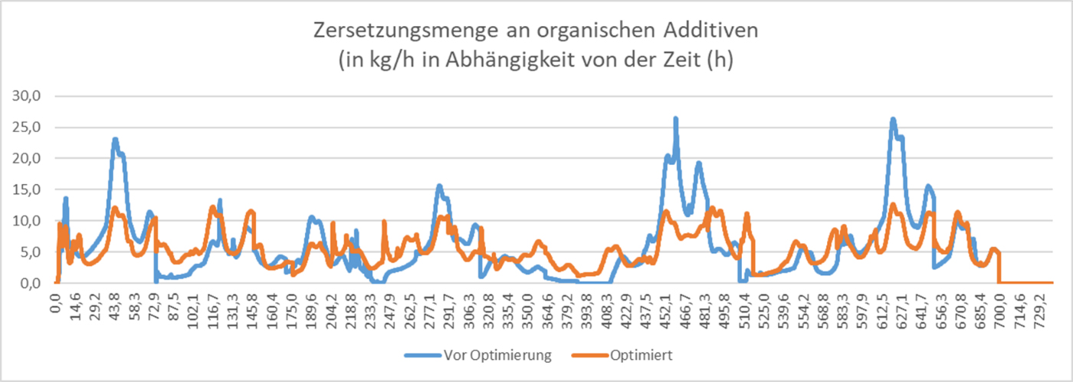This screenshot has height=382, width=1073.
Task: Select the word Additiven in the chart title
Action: pyautogui.click(x=708, y=31)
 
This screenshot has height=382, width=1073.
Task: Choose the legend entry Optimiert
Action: pyautogui.click(x=642, y=355)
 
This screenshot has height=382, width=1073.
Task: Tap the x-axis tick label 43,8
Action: pyautogui.click(x=115, y=304)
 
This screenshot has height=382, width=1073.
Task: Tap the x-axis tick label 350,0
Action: pyautogui.click(x=528, y=304)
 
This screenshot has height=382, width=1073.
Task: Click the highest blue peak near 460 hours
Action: pyautogui.click(x=675, y=119)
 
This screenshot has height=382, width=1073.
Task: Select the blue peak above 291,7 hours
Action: pyautogui.click(x=439, y=186)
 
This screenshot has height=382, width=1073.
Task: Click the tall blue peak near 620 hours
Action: pyautogui.click(x=893, y=120)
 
